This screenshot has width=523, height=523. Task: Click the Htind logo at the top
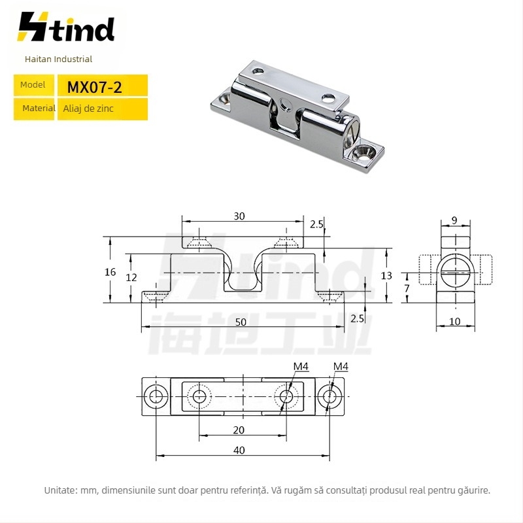pyautogui.click(x=66, y=27)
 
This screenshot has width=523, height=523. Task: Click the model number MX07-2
pyautogui.click(x=94, y=88)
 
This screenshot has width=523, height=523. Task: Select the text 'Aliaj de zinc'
pyautogui.click(x=88, y=109)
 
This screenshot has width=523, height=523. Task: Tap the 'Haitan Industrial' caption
pyautogui.click(x=58, y=59)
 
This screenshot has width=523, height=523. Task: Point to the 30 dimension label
pyautogui.click(x=239, y=216)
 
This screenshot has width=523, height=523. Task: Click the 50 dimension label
pyautogui.click(x=241, y=322)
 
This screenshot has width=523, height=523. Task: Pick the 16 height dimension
pyautogui.click(x=110, y=272)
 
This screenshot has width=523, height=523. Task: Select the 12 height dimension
pyautogui.click(x=131, y=277)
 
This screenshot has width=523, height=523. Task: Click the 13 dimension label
pyautogui.click(x=386, y=275)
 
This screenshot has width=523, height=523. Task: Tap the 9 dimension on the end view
pyautogui.click(x=454, y=220)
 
